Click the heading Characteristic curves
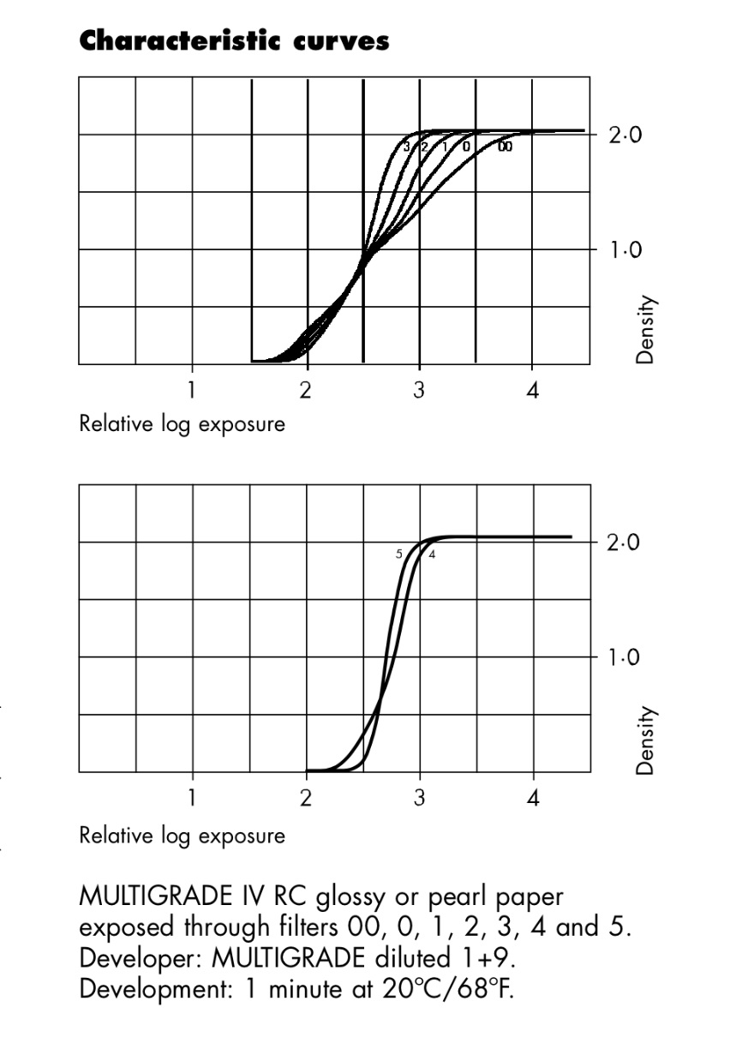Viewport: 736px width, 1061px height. [234, 40]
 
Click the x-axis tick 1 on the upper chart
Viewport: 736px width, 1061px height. [192, 390]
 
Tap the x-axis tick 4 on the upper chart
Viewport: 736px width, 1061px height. [532, 390]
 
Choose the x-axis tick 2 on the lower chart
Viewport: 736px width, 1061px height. [306, 798]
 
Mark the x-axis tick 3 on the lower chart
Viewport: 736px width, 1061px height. [419, 798]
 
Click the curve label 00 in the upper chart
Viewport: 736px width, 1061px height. [506, 147]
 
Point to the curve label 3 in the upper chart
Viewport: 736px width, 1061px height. [407, 147]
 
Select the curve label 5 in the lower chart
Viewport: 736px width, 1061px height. [398, 554]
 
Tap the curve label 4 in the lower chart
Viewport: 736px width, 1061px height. [432, 554]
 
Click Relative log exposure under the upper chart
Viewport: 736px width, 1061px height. [182, 423]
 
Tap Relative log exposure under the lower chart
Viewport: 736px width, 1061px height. [182, 834]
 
